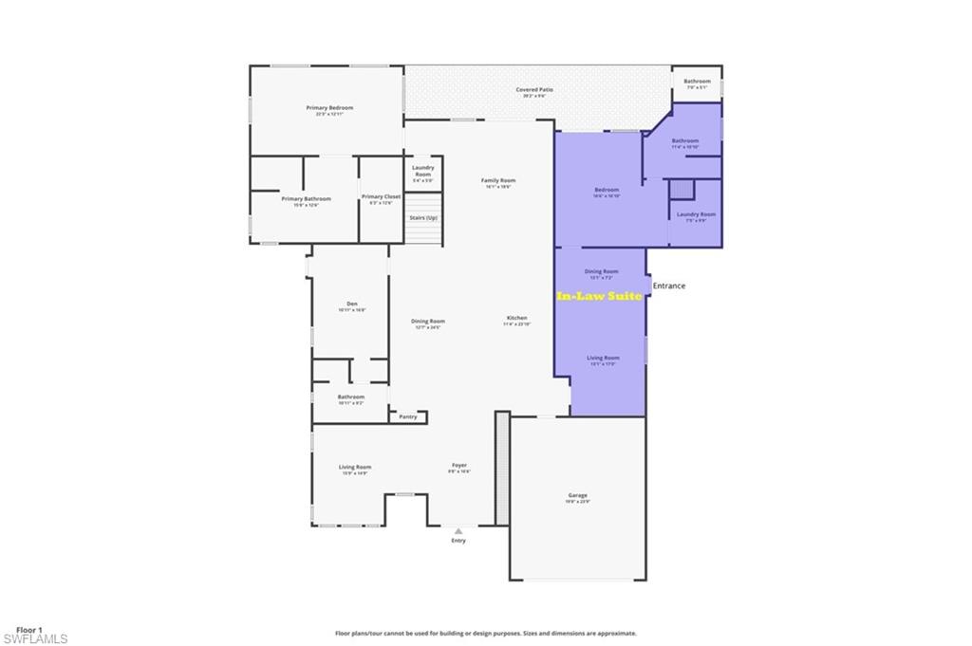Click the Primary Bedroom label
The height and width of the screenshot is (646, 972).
(329, 108)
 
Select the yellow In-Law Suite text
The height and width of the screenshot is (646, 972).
(599, 296)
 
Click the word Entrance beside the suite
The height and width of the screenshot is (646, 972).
(668, 286)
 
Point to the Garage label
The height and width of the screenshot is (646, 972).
(577, 495)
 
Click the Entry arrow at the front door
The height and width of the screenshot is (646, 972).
(458, 531)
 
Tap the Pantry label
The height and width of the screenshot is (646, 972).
(408, 416)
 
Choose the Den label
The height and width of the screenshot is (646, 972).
(351, 305)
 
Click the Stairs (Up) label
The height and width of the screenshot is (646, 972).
(423, 218)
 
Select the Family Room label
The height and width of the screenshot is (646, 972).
(498, 180)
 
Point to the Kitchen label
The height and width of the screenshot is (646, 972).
(516, 318)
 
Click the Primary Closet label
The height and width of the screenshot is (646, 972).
(381, 196)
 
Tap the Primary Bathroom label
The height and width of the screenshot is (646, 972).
(306, 198)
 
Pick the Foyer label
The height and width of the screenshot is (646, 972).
(458, 466)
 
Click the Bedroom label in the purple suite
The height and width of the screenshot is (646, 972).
(606, 190)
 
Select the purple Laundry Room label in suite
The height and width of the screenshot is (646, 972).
(696, 214)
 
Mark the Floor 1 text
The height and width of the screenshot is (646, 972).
(28, 630)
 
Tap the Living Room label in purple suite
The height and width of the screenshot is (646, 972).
(604, 358)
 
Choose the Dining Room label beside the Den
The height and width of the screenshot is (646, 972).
(428, 321)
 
